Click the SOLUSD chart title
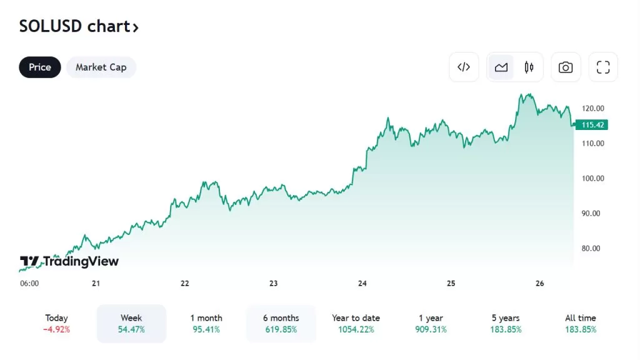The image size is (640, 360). pos(79,26)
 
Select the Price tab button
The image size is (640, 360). pos(40,67)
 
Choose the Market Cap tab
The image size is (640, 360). pos(101,67)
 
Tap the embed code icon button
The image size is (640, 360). pos(464,67)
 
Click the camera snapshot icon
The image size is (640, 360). pos(566,67)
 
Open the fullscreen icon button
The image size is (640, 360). pos(603,67)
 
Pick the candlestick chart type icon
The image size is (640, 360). pos(529,67)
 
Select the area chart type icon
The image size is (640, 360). pos(501,67)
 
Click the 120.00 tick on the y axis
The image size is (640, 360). pos(592,108)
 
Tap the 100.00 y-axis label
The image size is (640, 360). pos(592,178)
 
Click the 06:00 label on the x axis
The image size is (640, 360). pos(29,283)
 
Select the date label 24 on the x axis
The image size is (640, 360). pos(362,283)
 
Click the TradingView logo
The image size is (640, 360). pos(69,261)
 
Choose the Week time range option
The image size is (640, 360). pos(131,323)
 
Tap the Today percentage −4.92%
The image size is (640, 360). pos(56,329)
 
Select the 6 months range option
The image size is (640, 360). pos(281,323)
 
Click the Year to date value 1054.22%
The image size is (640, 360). pos(356,329)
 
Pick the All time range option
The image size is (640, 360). pos(581,323)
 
